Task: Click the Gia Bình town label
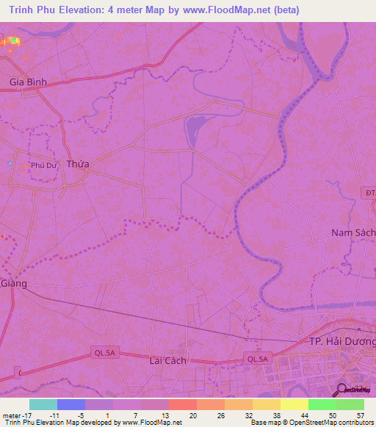point(28,82)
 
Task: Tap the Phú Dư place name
point(43,166)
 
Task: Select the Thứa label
point(77,164)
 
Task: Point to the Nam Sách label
point(352,233)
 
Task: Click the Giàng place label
point(13,283)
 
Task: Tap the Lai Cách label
point(167,360)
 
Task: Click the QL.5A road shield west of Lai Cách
point(103,352)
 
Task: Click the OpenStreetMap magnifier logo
point(341,390)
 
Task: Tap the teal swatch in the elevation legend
point(43,404)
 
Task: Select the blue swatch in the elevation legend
point(71,404)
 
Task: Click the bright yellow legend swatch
point(294,404)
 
